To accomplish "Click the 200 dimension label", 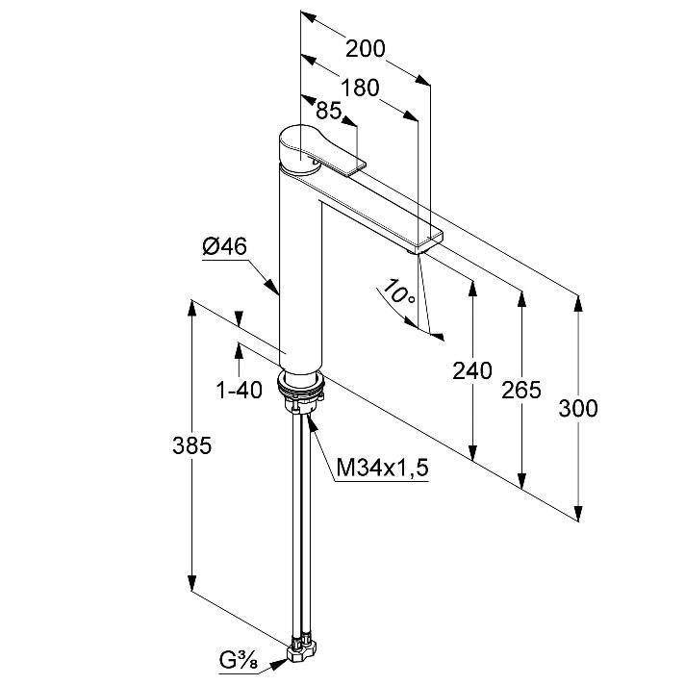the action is (x=366, y=48).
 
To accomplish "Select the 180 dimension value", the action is (x=360, y=88).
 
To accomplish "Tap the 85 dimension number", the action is (x=328, y=110).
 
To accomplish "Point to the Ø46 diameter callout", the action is (x=224, y=247).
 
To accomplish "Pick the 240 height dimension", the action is (x=471, y=371).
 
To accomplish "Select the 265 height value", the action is (x=521, y=390).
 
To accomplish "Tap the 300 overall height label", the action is (x=578, y=409).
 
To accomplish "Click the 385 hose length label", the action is (x=191, y=445).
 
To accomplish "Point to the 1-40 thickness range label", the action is (x=240, y=390).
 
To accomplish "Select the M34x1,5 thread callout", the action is (x=382, y=469).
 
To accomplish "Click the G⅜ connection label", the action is (x=239, y=661).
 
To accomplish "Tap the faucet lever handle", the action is (x=322, y=149).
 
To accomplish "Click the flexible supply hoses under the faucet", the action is (x=302, y=524).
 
